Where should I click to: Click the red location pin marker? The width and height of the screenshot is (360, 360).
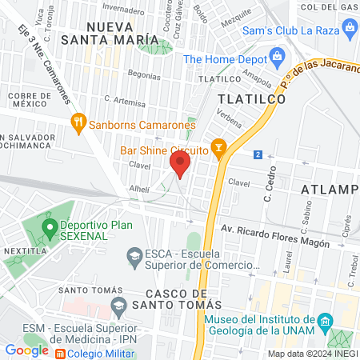pos(179,165)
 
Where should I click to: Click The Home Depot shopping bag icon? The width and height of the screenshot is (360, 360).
pos(278,58)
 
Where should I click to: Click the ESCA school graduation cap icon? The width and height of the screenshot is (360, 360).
pos(134,256)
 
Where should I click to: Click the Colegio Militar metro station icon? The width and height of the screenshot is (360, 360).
pos(60,350)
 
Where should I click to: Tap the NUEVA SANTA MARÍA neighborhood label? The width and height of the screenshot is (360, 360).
pos(122,33)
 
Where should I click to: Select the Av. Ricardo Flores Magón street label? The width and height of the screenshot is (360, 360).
pos(275,234)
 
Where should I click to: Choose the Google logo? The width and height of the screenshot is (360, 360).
pos(26,350)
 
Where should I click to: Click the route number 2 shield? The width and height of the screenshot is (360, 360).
pos(258,154)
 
